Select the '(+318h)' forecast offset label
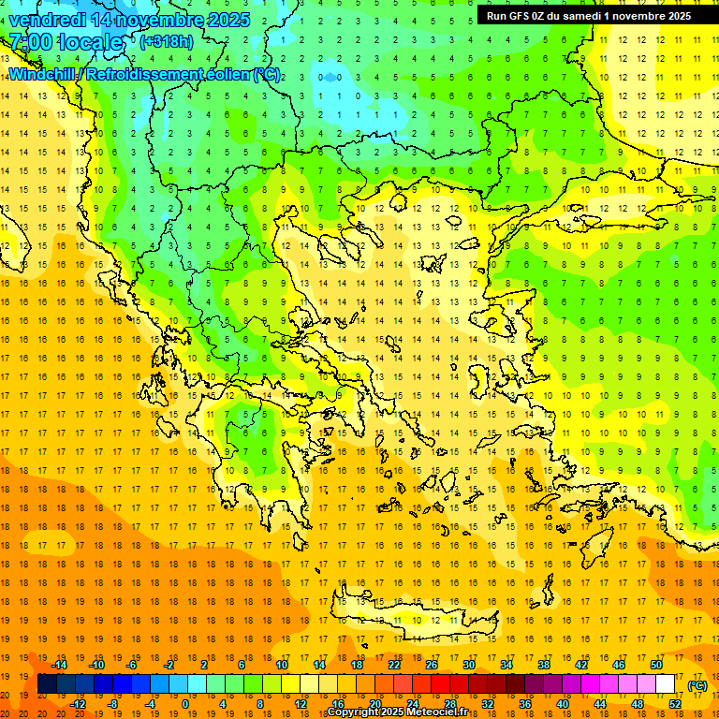pyautogui.click(x=166, y=41)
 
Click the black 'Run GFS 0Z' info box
pyautogui.click(x=588, y=15)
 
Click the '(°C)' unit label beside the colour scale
pyautogui.click(x=697, y=685)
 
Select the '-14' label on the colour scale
pyautogui.click(x=60, y=665)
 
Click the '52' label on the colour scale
pyautogui.click(x=674, y=703)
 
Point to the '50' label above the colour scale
pyautogui.click(x=655, y=665)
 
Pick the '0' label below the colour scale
pyautogui.click(x=185, y=703)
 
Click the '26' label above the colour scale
pyautogui.click(x=432, y=665)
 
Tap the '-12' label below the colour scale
pyautogui.click(x=79, y=703)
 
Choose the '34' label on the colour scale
pyautogui.click(x=506, y=665)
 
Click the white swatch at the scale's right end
pyautogui.click(x=665, y=684)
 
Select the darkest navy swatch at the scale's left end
pyautogui.click(x=47, y=684)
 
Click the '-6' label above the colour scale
pyautogui.click(x=134, y=665)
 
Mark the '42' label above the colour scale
pyautogui.click(x=581, y=665)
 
